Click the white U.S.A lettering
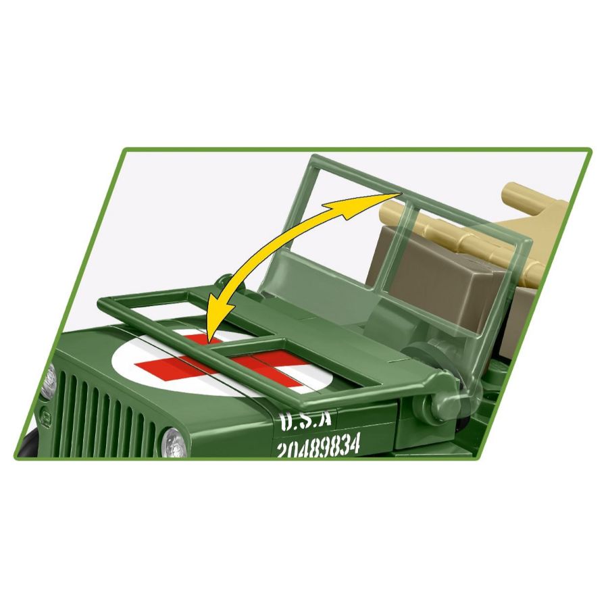(x=306, y=421)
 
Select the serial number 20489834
(x=318, y=446)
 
